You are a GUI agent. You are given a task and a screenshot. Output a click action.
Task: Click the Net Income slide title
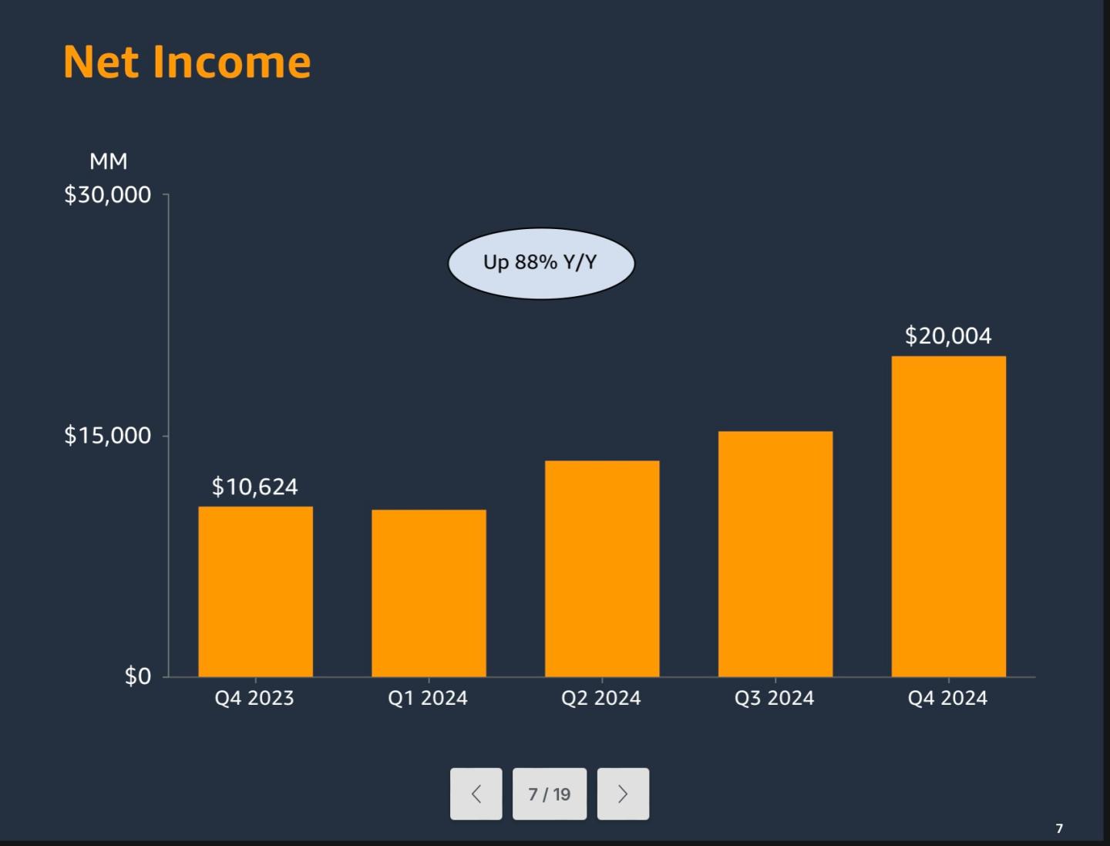click(187, 62)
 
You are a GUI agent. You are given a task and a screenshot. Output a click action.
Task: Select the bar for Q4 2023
click(255, 592)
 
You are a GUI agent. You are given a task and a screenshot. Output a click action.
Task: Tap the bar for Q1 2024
click(429, 593)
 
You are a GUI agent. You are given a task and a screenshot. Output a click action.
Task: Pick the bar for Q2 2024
click(602, 568)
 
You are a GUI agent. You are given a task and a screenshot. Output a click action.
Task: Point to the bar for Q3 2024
click(775, 554)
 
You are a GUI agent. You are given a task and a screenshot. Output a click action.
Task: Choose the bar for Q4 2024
click(949, 517)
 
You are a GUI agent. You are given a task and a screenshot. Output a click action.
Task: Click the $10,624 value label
click(255, 487)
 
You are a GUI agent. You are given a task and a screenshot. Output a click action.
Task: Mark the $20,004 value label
click(948, 336)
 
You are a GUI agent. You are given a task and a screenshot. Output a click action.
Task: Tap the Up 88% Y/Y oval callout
click(541, 263)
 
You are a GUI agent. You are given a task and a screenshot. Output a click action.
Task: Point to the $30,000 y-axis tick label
click(108, 195)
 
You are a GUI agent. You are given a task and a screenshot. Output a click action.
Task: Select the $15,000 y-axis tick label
click(108, 435)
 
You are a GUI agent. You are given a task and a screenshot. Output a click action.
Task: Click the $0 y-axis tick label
click(138, 676)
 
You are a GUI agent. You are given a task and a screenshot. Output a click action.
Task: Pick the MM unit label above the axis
click(108, 161)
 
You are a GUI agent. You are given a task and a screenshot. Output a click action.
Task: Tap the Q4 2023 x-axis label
click(254, 698)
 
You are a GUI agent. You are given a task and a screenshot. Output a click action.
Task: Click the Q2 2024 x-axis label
click(601, 698)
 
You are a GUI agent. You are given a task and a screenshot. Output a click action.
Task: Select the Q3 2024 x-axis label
click(774, 698)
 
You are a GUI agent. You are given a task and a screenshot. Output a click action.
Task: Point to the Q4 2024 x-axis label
click(947, 698)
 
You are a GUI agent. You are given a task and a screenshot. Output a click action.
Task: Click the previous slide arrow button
click(476, 794)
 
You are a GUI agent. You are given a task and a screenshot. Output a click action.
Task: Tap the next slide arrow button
click(623, 794)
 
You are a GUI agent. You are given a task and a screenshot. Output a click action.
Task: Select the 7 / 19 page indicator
click(550, 794)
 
